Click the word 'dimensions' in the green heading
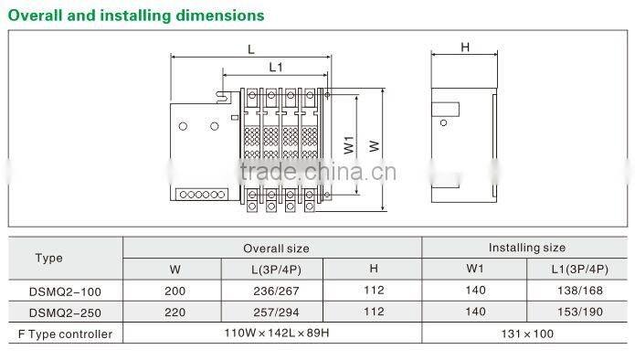pyautogui.click(x=220, y=16)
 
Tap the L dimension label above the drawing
pyautogui.click(x=251, y=50)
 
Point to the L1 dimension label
pyautogui.click(x=276, y=68)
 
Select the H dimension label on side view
pyautogui.click(x=465, y=48)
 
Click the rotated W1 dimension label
pyautogui.click(x=349, y=144)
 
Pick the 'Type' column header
pyautogui.click(x=49, y=258)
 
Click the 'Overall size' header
pyautogui.click(x=276, y=249)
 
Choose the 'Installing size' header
pyautogui.click(x=527, y=248)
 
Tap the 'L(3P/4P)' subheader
pyautogui.click(x=276, y=270)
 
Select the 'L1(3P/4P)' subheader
pyautogui.click(x=580, y=270)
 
